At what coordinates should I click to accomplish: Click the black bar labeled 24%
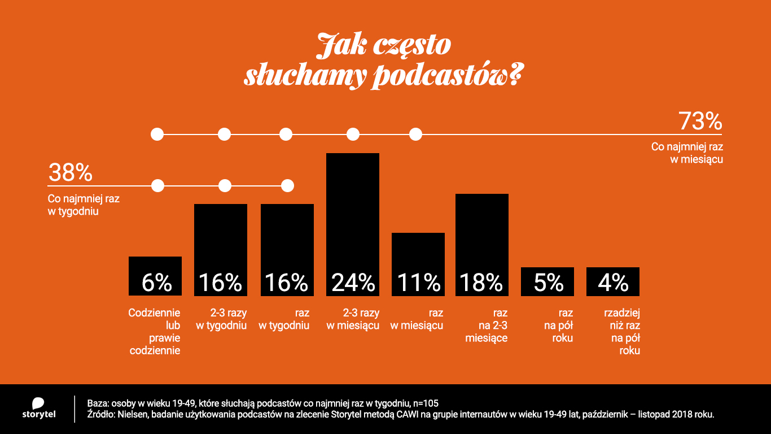(353, 224)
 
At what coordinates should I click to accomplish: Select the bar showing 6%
(155, 276)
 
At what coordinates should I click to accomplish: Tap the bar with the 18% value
(482, 244)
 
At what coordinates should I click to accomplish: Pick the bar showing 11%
(418, 264)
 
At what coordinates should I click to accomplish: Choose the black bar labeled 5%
(547, 281)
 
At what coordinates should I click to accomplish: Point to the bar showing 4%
(613, 281)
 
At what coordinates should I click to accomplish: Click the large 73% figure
(700, 121)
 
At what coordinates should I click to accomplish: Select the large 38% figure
(70, 173)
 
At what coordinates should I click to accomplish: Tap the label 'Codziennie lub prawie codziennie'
(155, 332)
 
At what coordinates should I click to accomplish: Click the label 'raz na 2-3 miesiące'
(487, 325)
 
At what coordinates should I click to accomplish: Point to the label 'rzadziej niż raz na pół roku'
(621, 332)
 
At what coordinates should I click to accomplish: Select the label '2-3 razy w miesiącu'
(353, 319)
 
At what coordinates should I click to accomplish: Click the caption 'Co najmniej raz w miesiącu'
(687, 153)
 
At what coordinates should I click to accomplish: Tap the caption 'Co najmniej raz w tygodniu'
(84, 206)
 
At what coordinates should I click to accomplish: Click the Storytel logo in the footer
(38, 409)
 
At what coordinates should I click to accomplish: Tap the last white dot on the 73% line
(415, 134)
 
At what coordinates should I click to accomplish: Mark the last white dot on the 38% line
(287, 185)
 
